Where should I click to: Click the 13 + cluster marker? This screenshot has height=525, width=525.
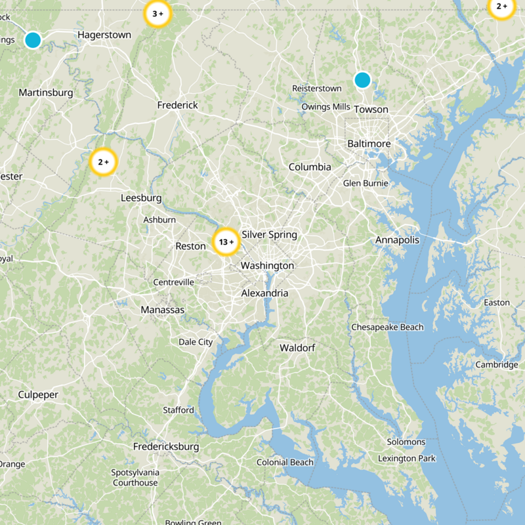226,242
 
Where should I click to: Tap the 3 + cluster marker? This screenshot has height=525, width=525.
157,14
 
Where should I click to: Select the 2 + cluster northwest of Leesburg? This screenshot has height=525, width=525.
103,162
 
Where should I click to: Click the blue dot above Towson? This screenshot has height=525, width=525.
362,80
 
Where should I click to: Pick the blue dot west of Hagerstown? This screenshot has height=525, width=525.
33,40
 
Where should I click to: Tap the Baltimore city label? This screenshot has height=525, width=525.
369,144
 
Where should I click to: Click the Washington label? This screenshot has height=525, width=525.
267,266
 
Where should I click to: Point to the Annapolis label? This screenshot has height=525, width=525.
397,240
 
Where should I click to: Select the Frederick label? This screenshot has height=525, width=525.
177,105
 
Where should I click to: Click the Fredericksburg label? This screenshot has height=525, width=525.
166,447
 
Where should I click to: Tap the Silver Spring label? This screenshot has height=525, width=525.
269,234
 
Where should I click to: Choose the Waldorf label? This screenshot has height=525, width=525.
297,347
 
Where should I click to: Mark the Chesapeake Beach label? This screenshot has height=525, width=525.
387,327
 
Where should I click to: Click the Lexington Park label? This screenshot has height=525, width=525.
406,458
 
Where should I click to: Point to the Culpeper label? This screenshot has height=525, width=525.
38,394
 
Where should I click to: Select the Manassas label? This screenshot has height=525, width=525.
163,310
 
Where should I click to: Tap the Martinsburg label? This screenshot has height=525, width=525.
46,93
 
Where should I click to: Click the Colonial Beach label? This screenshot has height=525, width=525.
285,462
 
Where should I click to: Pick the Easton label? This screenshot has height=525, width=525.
496,303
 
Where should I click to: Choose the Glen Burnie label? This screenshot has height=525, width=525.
366,184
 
